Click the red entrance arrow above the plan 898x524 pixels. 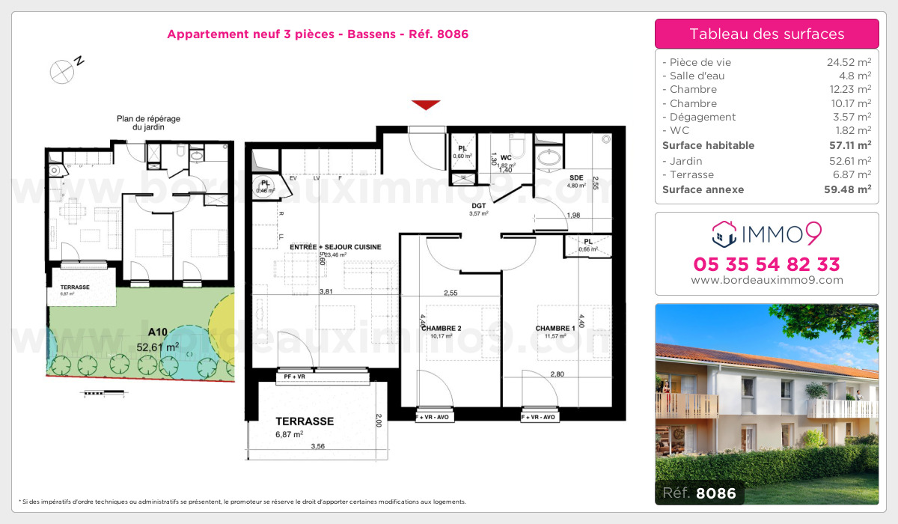(425, 105)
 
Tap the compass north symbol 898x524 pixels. (62, 70)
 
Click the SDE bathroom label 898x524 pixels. (576, 177)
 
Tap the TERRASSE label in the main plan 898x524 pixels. (305, 421)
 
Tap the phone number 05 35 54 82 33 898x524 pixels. (767, 264)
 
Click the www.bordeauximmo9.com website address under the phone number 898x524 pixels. (767, 281)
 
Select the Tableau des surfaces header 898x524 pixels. (767, 34)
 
